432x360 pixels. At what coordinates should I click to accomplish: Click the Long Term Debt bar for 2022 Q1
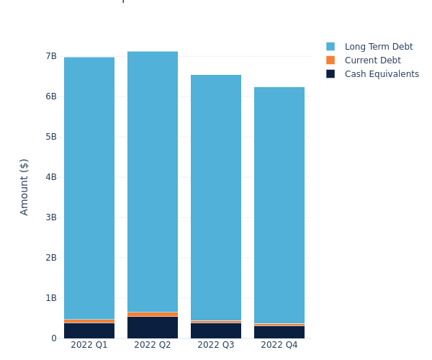(89, 187)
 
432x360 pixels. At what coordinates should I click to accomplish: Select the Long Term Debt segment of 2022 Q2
(153, 180)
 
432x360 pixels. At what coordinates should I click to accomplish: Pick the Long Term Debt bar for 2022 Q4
(279, 205)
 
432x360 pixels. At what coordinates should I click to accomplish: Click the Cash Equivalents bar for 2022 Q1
(89, 330)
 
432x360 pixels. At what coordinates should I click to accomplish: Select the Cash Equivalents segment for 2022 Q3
(216, 330)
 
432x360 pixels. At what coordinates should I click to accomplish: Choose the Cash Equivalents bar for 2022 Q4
(279, 332)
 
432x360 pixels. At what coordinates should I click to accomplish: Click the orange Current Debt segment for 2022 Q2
(153, 314)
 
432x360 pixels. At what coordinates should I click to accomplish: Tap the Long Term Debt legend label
(379, 47)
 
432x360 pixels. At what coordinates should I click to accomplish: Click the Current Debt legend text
(372, 60)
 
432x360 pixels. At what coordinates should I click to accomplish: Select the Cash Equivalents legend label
(382, 74)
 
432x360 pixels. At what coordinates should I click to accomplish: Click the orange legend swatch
(330, 60)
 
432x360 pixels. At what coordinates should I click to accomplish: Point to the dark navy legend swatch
(330, 74)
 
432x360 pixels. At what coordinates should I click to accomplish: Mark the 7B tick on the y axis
(50, 56)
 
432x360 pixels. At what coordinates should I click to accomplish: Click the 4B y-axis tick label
(50, 177)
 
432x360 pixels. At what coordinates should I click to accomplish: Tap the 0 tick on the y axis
(53, 338)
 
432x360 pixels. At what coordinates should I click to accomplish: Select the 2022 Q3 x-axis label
(216, 346)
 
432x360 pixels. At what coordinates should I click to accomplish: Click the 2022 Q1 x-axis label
(89, 346)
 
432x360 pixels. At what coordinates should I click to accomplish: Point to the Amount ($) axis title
(24, 186)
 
